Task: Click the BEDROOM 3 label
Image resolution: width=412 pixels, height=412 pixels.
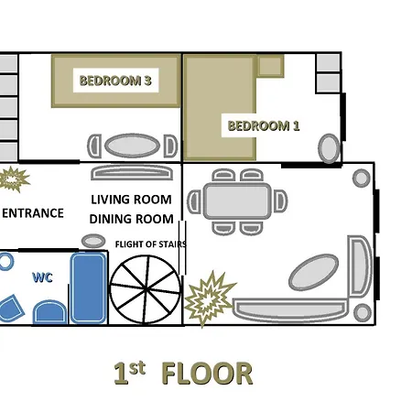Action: pyautogui.click(x=115, y=81)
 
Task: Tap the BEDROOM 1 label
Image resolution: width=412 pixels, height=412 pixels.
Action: pyautogui.click(x=264, y=125)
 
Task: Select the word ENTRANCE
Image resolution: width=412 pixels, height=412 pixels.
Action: pyautogui.click(x=33, y=213)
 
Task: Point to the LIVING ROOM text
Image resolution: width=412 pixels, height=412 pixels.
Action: pyautogui.click(x=131, y=200)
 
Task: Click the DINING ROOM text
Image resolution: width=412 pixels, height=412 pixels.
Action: pyautogui.click(x=132, y=219)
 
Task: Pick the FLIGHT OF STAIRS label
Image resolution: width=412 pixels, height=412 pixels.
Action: pyautogui.click(x=151, y=244)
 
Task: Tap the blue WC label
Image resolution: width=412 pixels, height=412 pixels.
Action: pyautogui.click(x=42, y=277)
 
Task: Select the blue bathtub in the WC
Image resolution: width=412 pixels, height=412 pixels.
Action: pyautogui.click(x=89, y=288)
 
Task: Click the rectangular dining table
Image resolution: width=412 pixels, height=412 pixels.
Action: pyautogui.click(x=237, y=201)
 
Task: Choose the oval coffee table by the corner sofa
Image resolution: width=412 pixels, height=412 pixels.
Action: pyautogui.click(x=313, y=272)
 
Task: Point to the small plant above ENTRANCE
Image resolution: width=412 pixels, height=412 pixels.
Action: pyautogui.click(x=13, y=179)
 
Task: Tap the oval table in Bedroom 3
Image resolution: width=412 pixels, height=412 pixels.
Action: pyautogui.click(x=132, y=146)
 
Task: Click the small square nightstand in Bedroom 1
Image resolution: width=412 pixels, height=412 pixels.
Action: pyautogui.click(x=270, y=66)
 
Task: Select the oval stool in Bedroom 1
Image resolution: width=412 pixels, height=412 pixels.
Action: pyautogui.click(x=329, y=148)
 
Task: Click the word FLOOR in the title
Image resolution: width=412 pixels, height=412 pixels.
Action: pyautogui.click(x=207, y=374)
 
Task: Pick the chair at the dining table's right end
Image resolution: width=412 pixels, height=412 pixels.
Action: pyautogui.click(x=280, y=201)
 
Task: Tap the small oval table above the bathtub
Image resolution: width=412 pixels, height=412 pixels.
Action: pyautogui.click(x=93, y=241)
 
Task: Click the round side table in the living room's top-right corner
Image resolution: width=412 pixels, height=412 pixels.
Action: pyautogui.click(x=362, y=178)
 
